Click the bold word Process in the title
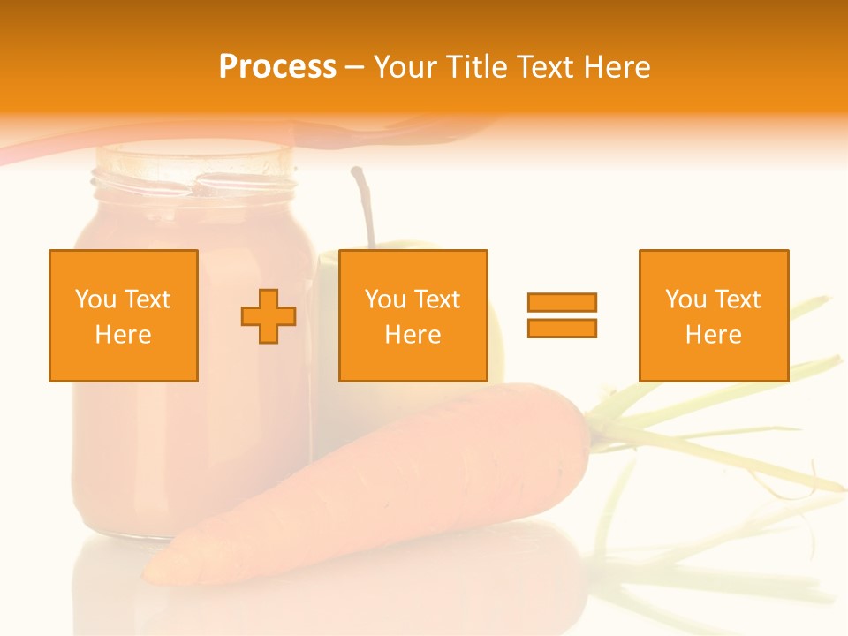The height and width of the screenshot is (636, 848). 277,67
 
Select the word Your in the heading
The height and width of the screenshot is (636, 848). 405,67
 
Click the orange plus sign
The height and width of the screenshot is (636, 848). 269,316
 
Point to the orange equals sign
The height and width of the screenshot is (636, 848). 562,315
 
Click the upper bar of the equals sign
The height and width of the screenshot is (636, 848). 562,303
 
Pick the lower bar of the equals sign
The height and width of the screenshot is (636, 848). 562,328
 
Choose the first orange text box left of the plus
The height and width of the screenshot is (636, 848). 124,315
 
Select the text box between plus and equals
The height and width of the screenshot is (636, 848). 413,315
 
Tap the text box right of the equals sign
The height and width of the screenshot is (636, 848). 713,315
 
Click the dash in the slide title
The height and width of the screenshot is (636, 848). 354,67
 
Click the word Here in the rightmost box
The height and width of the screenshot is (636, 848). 713,335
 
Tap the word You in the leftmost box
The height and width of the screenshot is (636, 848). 95,299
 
